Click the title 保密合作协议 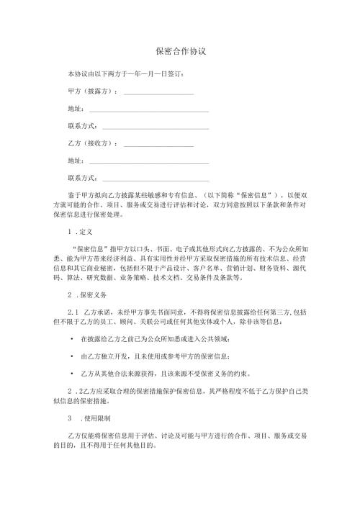181,51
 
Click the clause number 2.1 71,310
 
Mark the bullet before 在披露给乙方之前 71,338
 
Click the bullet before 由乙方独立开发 71,356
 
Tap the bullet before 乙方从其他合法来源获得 71,373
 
